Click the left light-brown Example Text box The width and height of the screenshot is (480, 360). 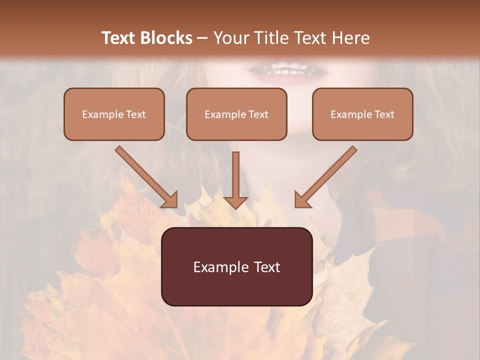pos(114,114)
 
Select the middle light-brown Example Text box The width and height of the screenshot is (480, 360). pos(236,114)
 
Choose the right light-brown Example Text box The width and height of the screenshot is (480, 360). pos(362,114)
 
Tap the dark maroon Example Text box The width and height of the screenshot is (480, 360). pos(237,266)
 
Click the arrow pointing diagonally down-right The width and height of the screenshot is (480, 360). pos(145,176)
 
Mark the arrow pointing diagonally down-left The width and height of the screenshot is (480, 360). pos(327,176)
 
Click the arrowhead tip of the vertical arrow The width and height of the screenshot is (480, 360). pos(235,207)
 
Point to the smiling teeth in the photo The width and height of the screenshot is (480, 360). pos(285,69)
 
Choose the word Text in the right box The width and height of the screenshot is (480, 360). pos(384,114)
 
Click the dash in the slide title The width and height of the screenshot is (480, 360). pos(202,38)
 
